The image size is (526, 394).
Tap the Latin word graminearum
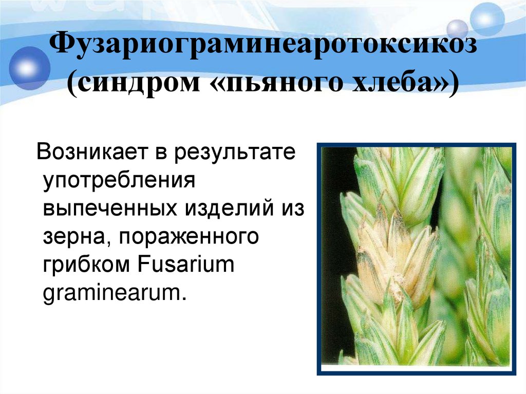(113, 294)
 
